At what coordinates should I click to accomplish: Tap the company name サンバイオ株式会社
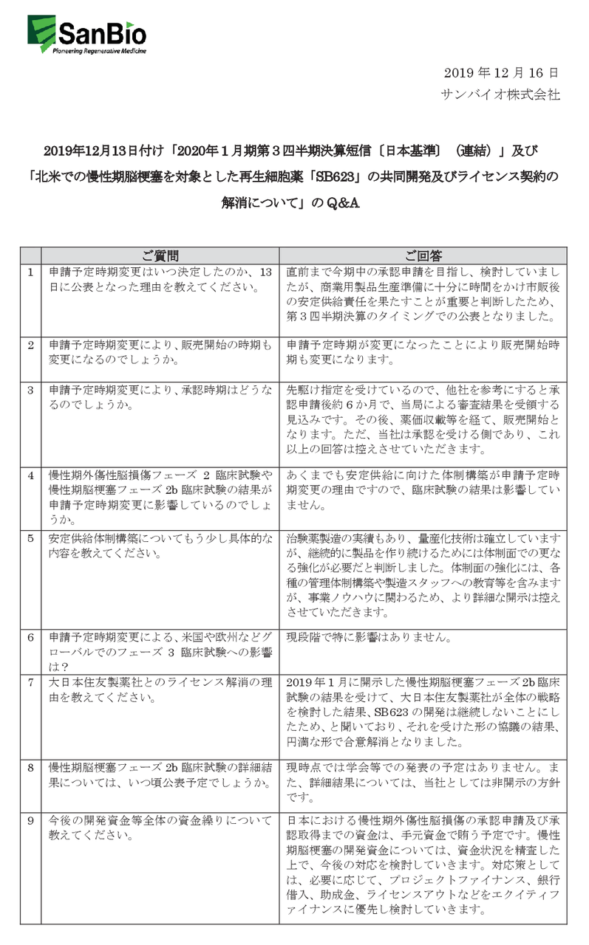[500, 94]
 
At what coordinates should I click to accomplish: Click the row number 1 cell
[30, 272]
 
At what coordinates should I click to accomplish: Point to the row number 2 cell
[30, 345]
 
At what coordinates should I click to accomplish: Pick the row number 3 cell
[30, 388]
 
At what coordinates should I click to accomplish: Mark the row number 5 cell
[30, 537]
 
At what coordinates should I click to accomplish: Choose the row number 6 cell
[30, 635]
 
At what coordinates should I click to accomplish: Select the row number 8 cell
[30, 766]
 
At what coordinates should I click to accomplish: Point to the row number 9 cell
[30, 819]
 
